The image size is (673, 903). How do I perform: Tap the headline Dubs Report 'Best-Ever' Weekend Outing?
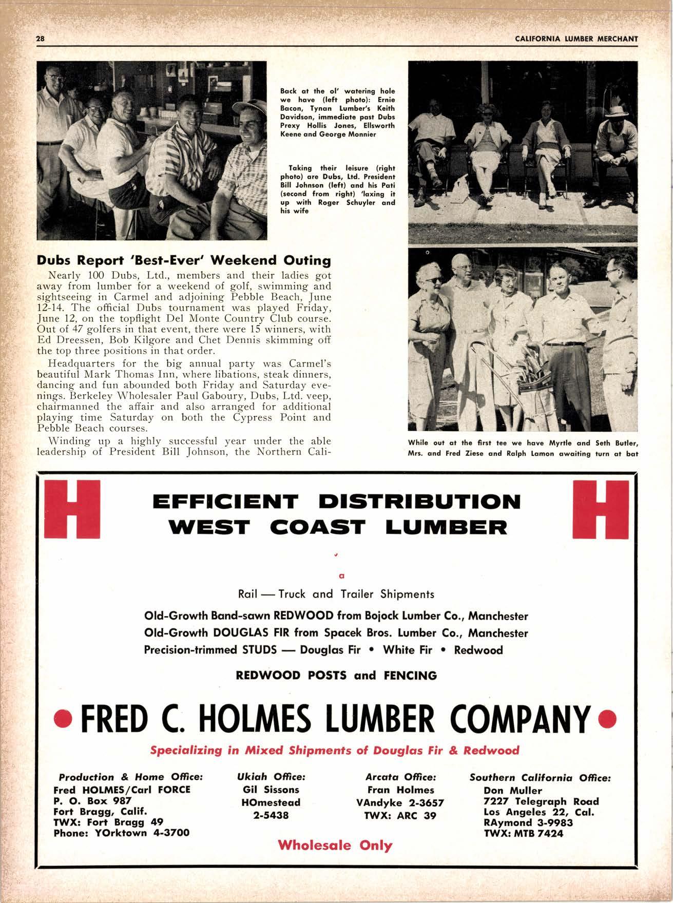pos(184,260)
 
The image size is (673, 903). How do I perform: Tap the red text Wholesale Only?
pos(335,845)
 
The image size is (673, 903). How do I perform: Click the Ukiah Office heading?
pos(271,777)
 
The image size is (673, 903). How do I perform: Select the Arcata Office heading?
pos(400,777)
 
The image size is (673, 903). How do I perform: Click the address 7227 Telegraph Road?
pos(541,801)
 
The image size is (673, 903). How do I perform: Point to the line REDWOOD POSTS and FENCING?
pos(336,675)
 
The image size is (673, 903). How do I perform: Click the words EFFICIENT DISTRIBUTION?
pos(336,501)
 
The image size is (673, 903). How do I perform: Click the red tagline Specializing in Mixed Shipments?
pos(334,751)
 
